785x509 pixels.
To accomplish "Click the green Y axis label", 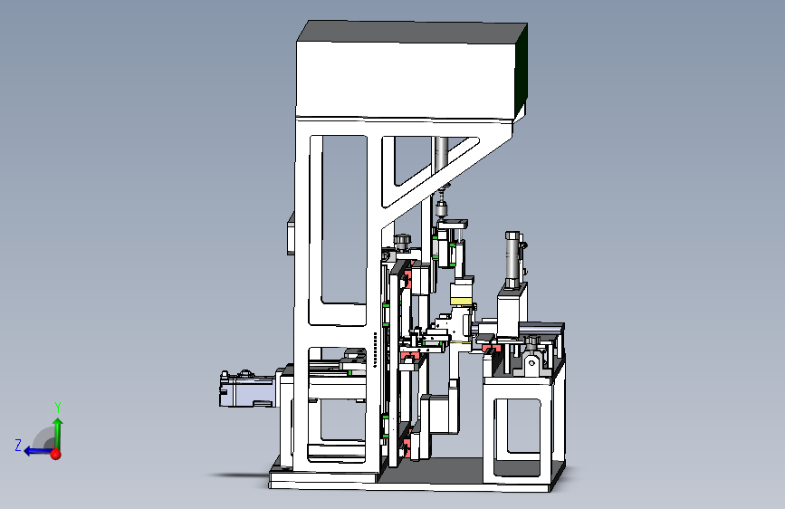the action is tap(58, 408).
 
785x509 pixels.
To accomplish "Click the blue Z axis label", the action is tap(18, 446).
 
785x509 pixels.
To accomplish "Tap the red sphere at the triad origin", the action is tap(55, 455).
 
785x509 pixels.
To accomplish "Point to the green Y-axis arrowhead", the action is tap(58, 423).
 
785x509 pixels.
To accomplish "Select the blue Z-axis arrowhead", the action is tap(29, 451).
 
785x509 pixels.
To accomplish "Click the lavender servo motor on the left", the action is tap(248, 389).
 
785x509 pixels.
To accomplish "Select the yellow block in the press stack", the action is tap(462, 301).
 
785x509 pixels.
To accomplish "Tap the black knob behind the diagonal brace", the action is tap(401, 241).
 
